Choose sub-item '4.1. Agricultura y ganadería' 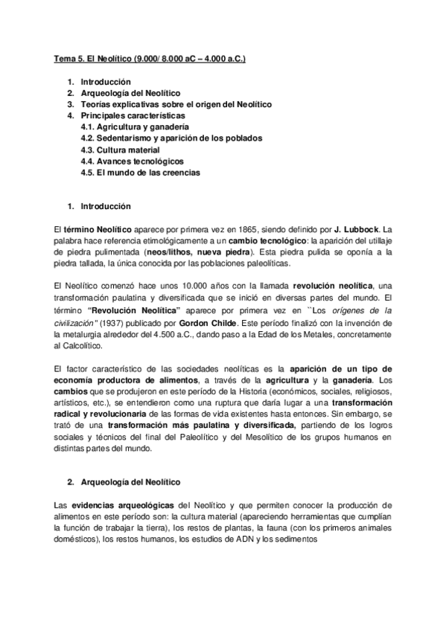pyautogui.click(x=135, y=127)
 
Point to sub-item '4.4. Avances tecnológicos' pyautogui.click(x=132, y=161)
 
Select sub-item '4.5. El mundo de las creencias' pyautogui.click(x=141, y=173)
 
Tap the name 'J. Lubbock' pyautogui.click(x=357, y=229)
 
